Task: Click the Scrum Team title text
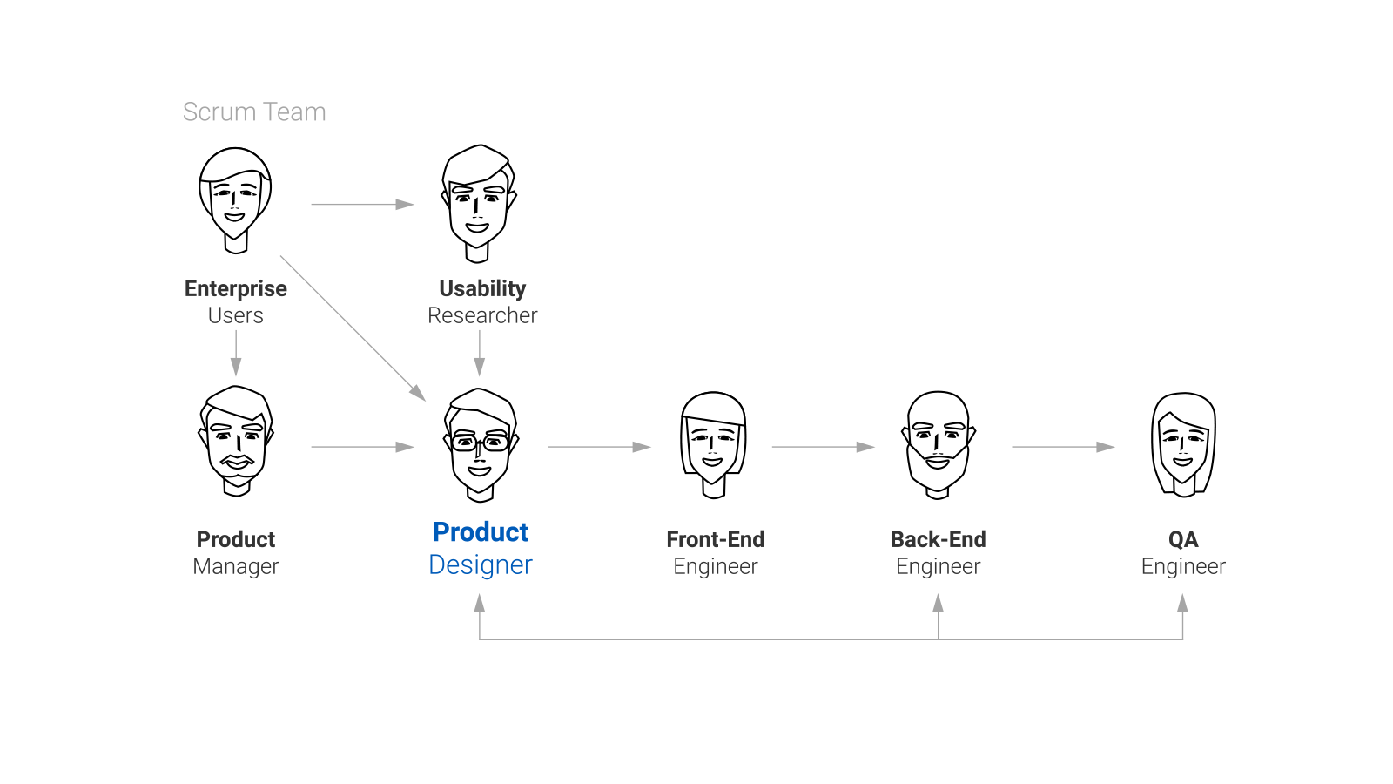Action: (x=254, y=112)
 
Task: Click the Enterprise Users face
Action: (x=235, y=199)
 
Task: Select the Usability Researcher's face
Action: (x=477, y=203)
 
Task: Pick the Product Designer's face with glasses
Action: (x=480, y=444)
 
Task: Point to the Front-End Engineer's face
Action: (x=713, y=444)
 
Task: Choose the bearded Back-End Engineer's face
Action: (x=938, y=444)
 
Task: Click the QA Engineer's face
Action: (x=1182, y=444)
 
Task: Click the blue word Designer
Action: (x=480, y=564)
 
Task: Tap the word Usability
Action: (x=482, y=288)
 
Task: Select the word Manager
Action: (x=236, y=566)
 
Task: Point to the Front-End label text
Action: (x=715, y=539)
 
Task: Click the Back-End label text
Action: (x=938, y=539)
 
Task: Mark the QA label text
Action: (x=1182, y=539)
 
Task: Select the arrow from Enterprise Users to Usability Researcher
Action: (x=362, y=205)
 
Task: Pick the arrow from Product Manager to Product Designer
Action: (x=362, y=447)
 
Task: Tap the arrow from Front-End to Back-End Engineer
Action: (x=823, y=447)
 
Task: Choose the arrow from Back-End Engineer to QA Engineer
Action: (x=1063, y=447)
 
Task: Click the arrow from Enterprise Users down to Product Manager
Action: (x=236, y=353)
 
